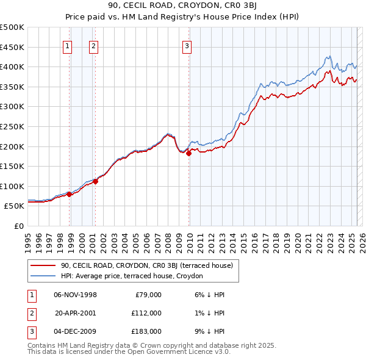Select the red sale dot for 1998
point(70,195)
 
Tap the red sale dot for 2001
point(96,181)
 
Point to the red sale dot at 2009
point(188,153)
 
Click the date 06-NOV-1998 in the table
point(76,295)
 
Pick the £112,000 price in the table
point(146,313)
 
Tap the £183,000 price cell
point(146,331)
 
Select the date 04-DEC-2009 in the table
point(76,331)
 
